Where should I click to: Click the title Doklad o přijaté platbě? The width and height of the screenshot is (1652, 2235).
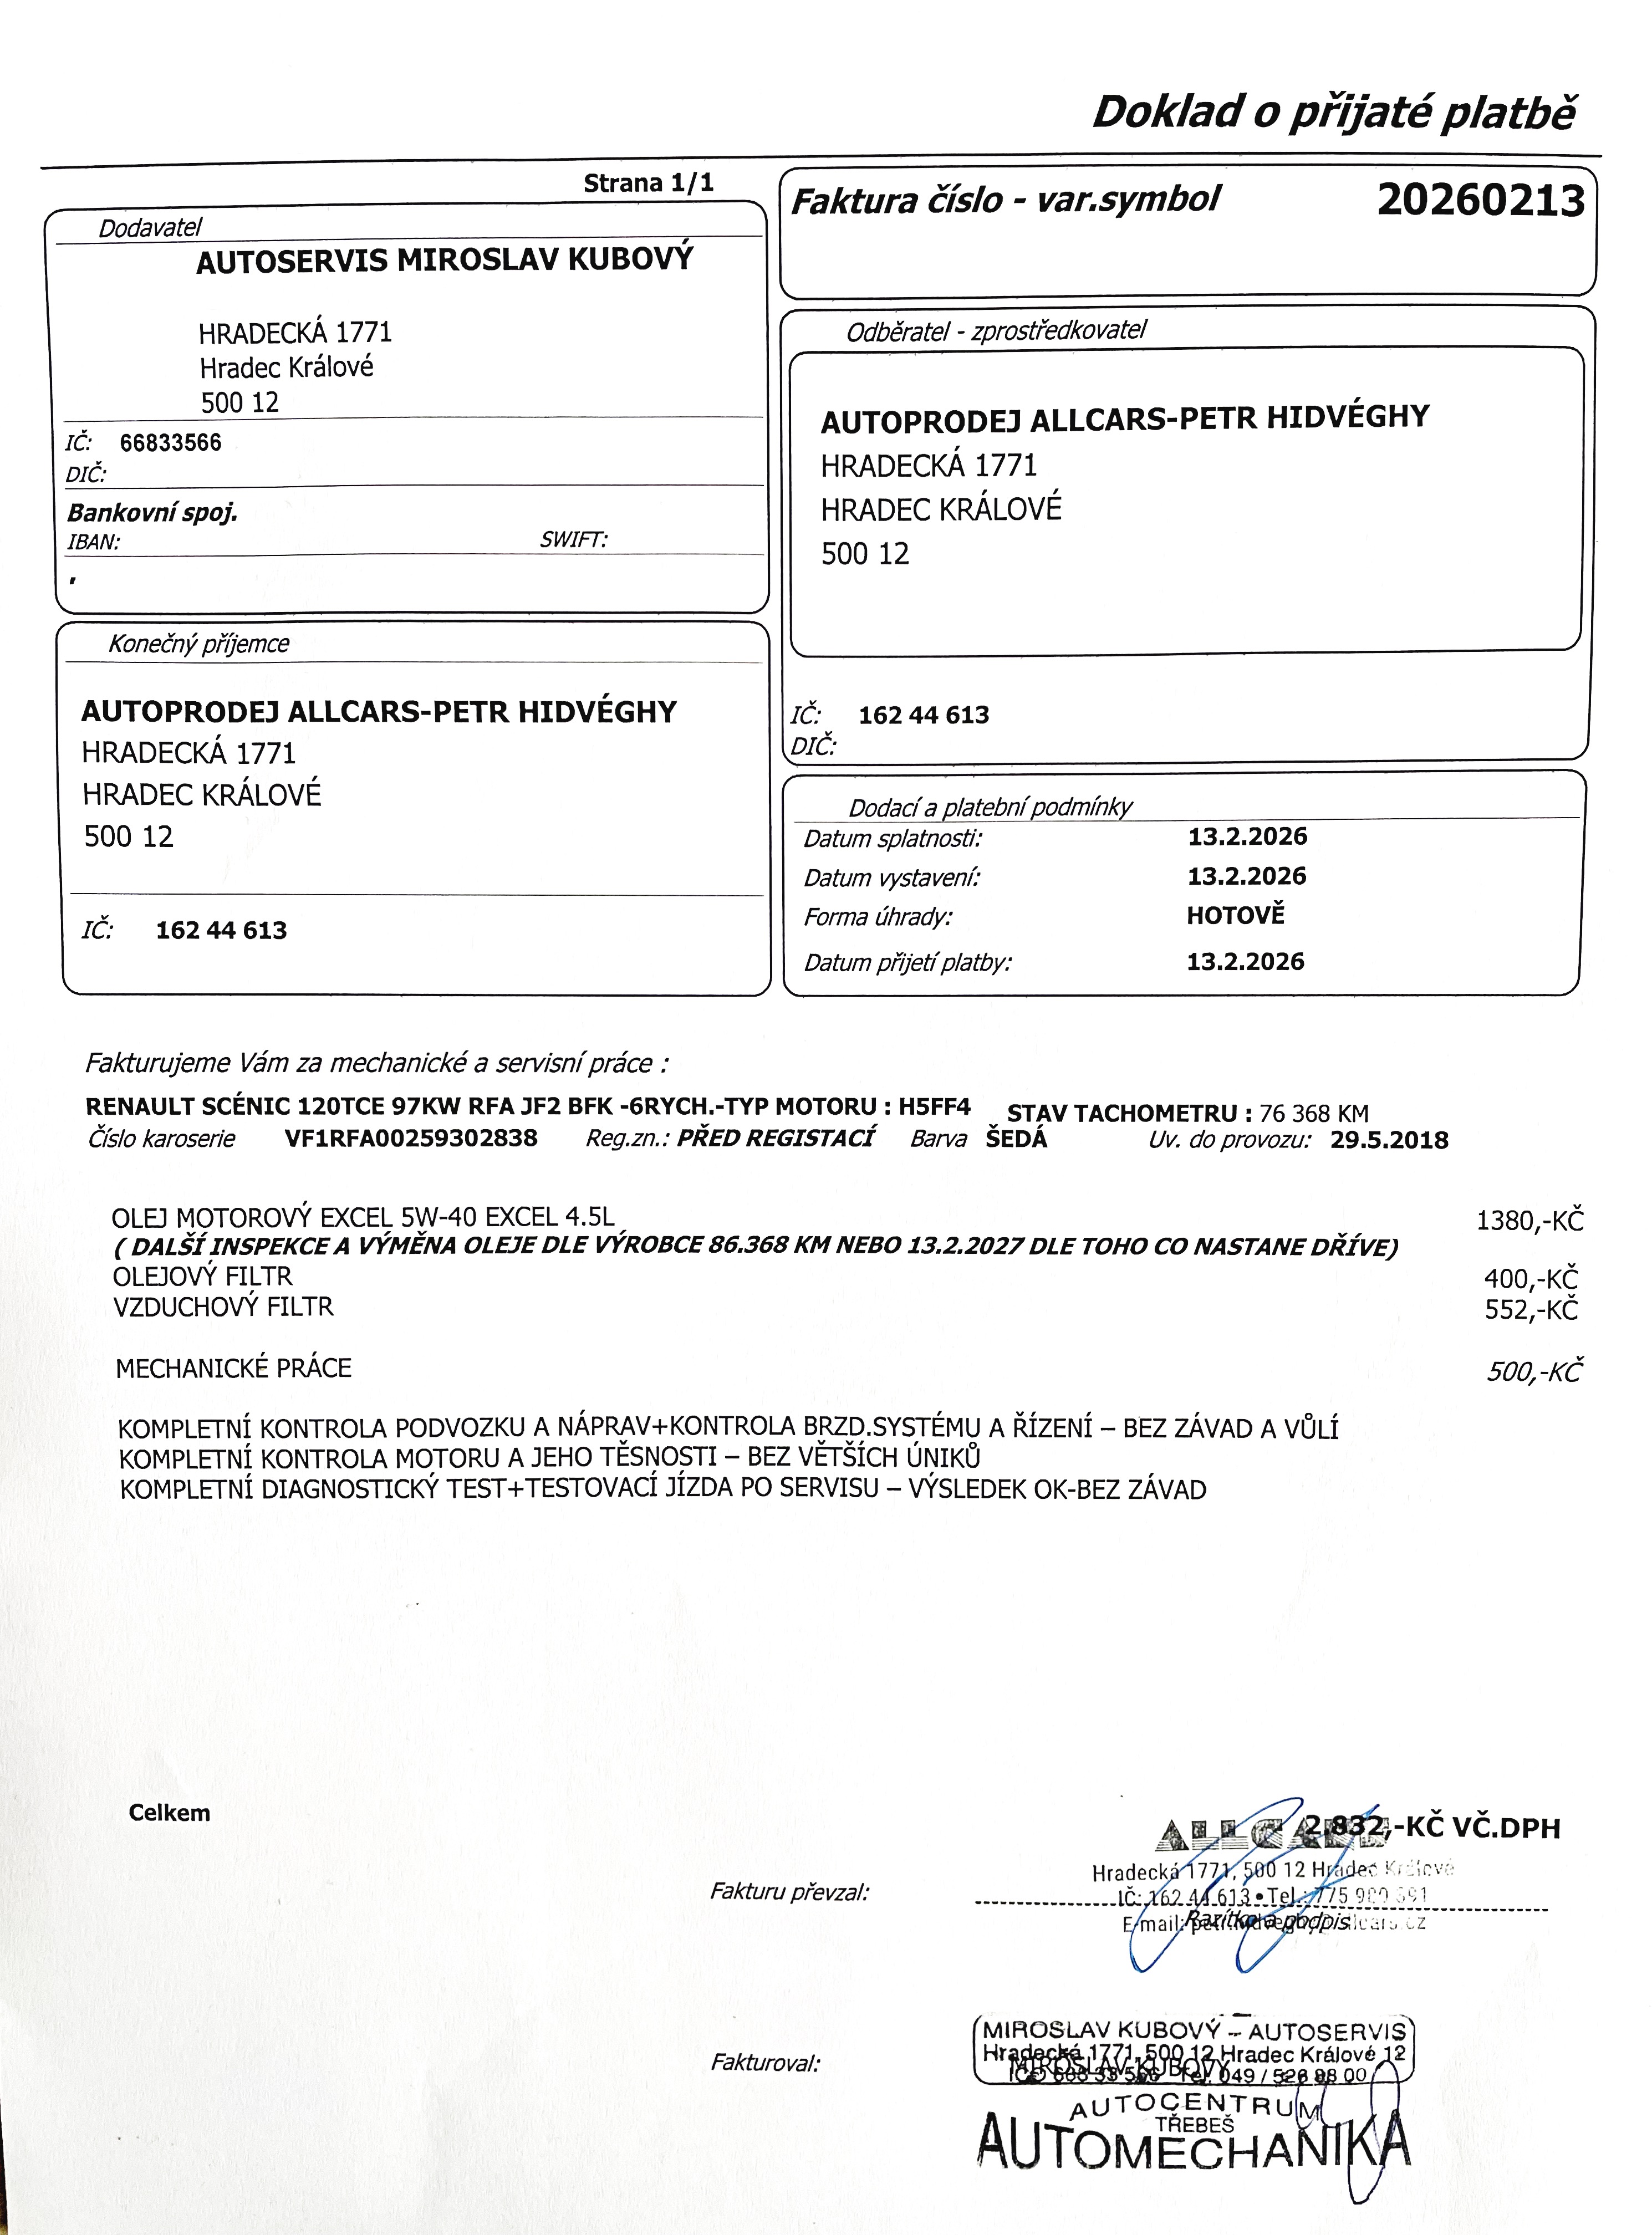(x=1333, y=112)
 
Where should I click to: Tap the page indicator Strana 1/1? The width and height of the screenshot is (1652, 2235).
(x=648, y=183)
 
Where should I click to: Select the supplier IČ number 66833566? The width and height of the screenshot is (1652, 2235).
(x=170, y=442)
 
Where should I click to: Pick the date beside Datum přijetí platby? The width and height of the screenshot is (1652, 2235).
(x=1245, y=961)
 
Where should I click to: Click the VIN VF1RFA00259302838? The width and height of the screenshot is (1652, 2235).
(x=411, y=1138)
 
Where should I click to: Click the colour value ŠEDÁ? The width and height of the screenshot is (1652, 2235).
(x=1016, y=1139)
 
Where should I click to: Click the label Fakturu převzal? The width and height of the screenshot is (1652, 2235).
(x=789, y=1891)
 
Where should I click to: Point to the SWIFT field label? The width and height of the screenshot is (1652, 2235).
(x=573, y=540)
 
